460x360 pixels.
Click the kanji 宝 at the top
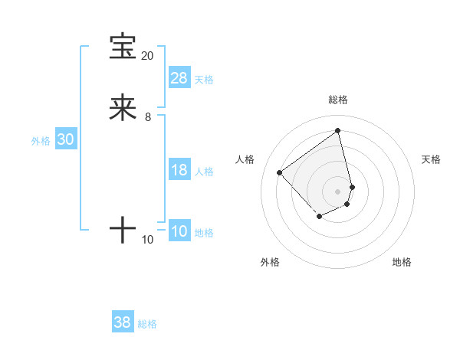pyautogui.click(x=123, y=47)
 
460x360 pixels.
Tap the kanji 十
pyautogui.click(x=123, y=230)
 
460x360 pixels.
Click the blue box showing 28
pyautogui.click(x=179, y=78)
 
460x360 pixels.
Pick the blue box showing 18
pyautogui.click(x=179, y=170)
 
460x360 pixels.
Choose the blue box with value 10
pyautogui.click(x=179, y=231)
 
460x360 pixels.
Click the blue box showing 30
pyautogui.click(x=66, y=139)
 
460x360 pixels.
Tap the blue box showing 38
pyautogui.click(x=123, y=322)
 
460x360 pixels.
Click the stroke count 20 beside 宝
pyautogui.click(x=148, y=56)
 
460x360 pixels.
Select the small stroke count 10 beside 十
pyautogui.click(x=148, y=240)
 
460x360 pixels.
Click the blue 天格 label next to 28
pyautogui.click(x=204, y=80)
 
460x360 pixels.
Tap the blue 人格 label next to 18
pyautogui.click(x=204, y=172)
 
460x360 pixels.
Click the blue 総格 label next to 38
pyautogui.click(x=147, y=324)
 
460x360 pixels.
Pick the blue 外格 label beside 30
pyautogui.click(x=41, y=141)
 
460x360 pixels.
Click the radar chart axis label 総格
pyautogui.click(x=338, y=100)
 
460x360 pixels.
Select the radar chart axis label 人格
pyautogui.click(x=245, y=159)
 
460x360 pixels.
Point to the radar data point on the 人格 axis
pyautogui.click(x=280, y=173)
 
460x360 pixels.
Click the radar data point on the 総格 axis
pyautogui.click(x=338, y=130)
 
